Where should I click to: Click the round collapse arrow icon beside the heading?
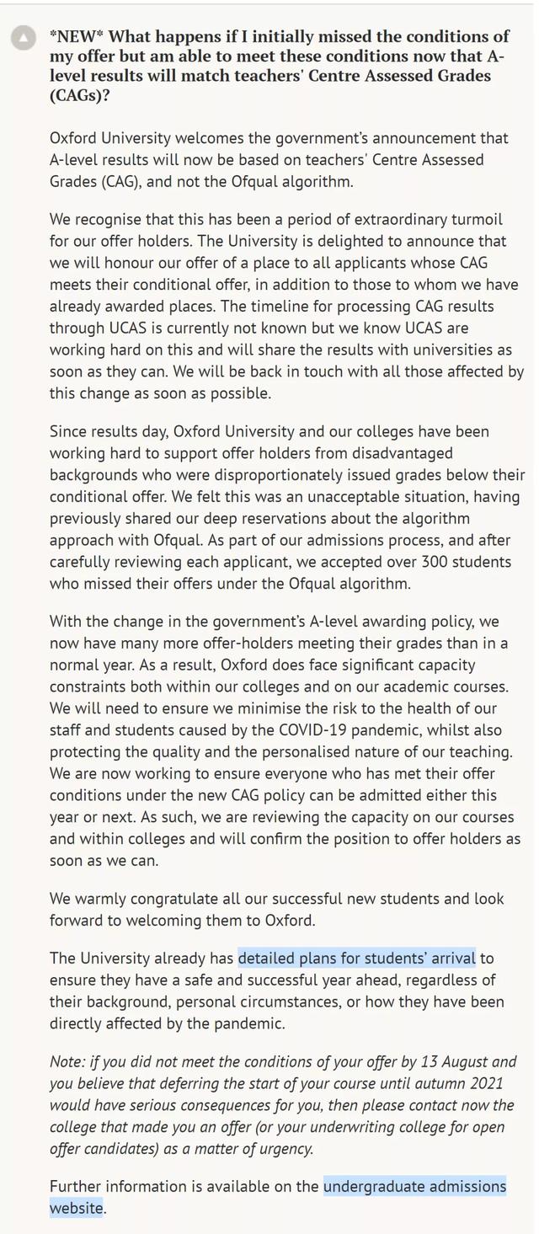click(24, 38)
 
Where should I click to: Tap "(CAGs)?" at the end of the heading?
click(81, 95)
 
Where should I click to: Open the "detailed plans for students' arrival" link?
click(356, 958)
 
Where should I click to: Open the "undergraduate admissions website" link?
click(414, 1187)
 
